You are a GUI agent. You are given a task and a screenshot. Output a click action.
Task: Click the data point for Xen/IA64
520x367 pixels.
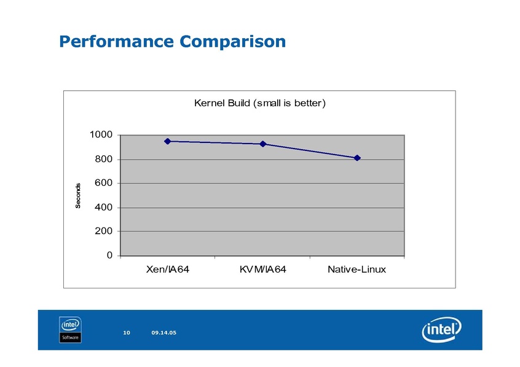pos(167,141)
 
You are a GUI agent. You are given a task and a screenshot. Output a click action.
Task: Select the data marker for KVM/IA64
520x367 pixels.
pos(262,144)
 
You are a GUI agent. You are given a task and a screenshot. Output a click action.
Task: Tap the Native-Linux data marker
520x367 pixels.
pos(357,158)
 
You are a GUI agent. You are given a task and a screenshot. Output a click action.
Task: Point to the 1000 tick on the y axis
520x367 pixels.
pos(100,135)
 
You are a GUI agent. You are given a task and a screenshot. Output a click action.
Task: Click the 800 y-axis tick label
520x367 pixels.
pos(103,160)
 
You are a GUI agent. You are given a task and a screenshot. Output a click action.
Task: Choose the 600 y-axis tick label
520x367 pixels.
pos(103,183)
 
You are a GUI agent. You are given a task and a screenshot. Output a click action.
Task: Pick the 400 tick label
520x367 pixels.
pos(103,207)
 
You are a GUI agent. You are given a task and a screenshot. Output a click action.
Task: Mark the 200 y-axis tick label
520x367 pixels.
pos(103,231)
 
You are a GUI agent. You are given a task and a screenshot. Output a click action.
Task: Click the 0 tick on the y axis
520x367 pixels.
pos(109,255)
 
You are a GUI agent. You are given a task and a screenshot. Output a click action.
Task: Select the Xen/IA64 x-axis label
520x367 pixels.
pos(167,270)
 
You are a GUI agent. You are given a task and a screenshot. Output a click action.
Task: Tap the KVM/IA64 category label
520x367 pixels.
pos(262,270)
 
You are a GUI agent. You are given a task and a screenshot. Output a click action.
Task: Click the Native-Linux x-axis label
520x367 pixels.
pos(357,270)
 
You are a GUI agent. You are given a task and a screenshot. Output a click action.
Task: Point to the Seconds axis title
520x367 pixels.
pos(79,196)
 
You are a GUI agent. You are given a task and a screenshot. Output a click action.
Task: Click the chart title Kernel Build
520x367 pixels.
pos(259,103)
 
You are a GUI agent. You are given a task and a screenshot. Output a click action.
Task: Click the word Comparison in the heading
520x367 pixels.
pos(234,42)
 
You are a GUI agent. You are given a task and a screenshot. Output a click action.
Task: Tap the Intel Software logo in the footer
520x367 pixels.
pos(71,330)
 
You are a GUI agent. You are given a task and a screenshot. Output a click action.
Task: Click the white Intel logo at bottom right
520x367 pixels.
pos(441,331)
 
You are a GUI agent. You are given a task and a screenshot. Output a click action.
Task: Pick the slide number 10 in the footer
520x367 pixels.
pos(127,333)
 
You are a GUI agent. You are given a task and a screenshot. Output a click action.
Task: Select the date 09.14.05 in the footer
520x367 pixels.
pos(163,333)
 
